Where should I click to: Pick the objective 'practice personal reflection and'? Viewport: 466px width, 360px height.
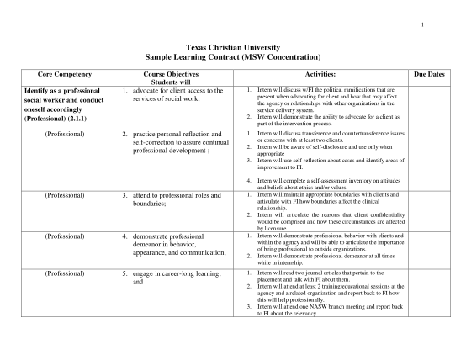[176, 134]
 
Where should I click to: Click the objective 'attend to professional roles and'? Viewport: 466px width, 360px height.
[176, 195]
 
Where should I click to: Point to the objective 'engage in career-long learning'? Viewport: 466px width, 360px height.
[176, 274]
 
